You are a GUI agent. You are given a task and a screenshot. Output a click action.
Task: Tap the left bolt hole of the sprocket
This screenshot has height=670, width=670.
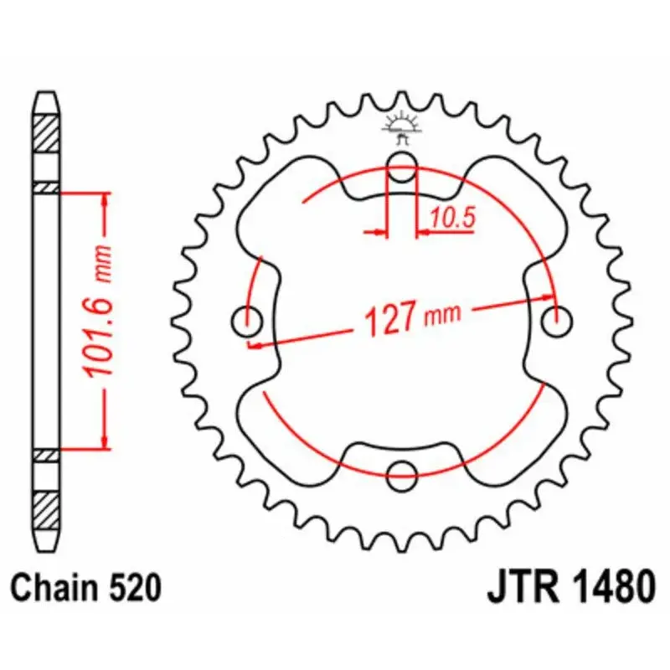(246, 318)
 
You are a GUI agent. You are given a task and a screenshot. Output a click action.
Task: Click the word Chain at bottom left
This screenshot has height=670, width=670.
(58, 588)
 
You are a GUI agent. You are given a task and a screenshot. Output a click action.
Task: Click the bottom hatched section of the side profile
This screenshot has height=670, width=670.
(46, 505)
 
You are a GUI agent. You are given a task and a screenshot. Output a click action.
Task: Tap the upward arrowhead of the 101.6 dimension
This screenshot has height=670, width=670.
(105, 198)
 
